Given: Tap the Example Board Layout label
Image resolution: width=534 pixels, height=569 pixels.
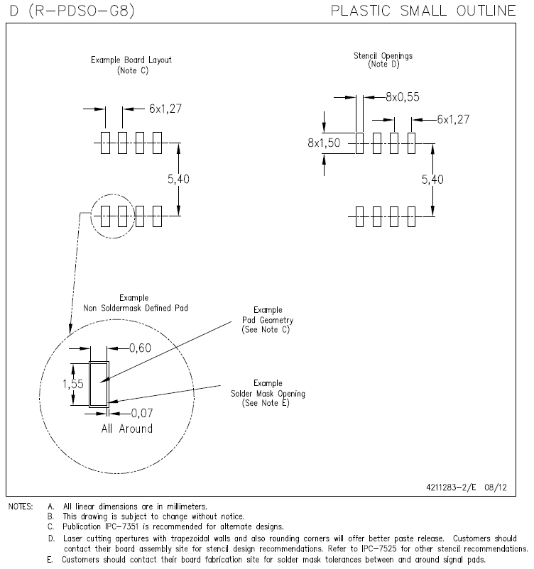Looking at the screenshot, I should [x=131, y=60].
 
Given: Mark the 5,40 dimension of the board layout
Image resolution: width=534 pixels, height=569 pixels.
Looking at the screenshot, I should [x=178, y=180].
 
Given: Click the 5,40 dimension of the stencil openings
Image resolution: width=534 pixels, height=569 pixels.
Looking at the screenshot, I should [x=432, y=180].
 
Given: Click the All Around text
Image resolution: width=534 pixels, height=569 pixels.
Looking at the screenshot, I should [x=126, y=429].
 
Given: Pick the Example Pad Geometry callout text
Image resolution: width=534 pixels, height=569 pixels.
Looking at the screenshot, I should [x=268, y=321].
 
